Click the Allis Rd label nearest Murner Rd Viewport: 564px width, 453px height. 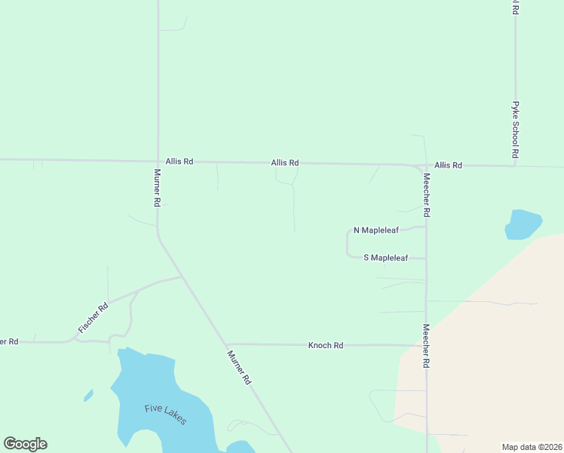(179, 162)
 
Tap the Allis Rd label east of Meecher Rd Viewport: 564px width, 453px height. (448, 165)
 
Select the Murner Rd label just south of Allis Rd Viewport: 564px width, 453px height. (158, 188)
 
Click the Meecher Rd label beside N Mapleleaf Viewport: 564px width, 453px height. (426, 196)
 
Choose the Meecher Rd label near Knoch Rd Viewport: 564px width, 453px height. (426, 346)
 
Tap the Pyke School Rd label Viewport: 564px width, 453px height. (516, 129)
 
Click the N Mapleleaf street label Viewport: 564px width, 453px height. (375, 230)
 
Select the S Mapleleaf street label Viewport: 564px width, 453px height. (385, 257)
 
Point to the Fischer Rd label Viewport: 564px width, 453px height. (93, 318)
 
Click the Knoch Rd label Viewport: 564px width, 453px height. (326, 345)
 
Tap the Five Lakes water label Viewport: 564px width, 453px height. (166, 414)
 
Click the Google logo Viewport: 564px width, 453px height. (25, 444)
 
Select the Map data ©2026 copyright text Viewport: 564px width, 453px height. (532, 446)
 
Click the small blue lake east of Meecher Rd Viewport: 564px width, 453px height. (523, 224)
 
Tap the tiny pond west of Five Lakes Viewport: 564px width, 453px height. (88, 395)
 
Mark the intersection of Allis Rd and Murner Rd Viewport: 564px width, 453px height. (158, 161)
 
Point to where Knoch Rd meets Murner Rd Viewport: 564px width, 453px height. (225, 344)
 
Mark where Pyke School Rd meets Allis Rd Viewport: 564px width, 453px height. (516, 165)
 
